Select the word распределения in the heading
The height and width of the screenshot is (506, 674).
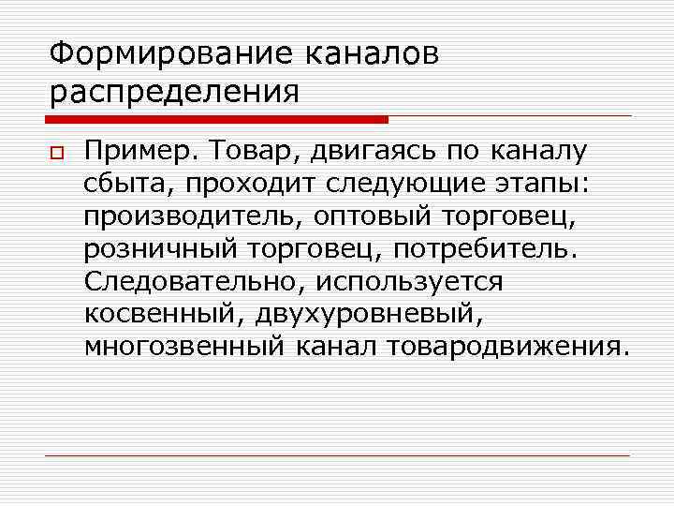tap(174, 93)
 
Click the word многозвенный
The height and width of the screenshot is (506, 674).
tap(184, 347)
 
